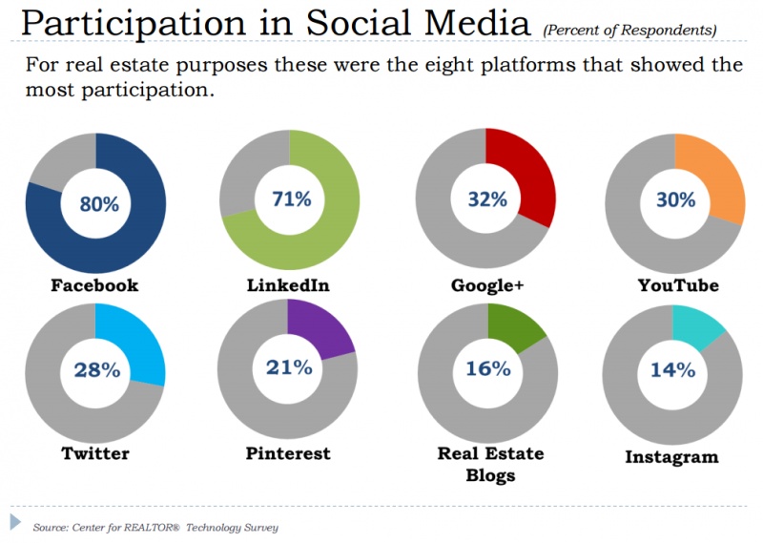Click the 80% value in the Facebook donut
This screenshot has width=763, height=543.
point(96,203)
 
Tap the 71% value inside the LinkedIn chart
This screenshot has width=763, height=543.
point(290,199)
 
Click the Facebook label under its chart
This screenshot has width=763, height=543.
point(94,285)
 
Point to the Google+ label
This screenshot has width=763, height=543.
point(486,286)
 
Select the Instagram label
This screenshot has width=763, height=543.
point(671,457)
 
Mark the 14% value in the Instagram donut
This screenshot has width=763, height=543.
point(672,370)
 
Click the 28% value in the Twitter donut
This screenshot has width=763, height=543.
point(95,369)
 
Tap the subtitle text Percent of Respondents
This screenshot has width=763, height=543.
point(629,31)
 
